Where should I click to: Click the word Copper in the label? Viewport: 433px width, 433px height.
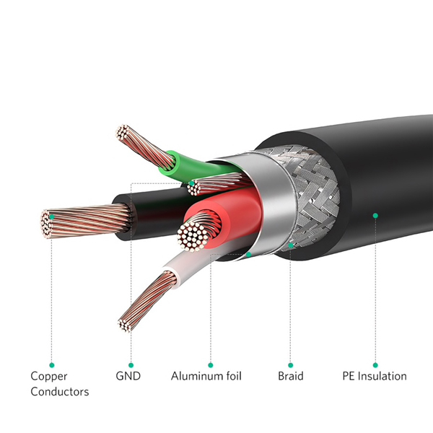49,377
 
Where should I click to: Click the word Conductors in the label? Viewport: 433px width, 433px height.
60,392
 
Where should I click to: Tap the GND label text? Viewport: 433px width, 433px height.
128,376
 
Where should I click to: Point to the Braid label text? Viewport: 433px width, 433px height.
291,376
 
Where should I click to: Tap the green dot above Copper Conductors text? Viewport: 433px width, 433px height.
52,365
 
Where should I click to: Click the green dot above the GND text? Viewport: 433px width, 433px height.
131,365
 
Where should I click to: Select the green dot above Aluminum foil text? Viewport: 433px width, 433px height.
211,365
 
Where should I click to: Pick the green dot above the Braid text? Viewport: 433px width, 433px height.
290,365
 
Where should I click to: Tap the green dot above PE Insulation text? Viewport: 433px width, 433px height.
375,365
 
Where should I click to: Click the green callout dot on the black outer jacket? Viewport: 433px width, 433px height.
375,215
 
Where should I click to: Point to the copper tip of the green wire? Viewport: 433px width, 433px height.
123,132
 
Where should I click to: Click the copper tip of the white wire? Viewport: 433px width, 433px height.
125,325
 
